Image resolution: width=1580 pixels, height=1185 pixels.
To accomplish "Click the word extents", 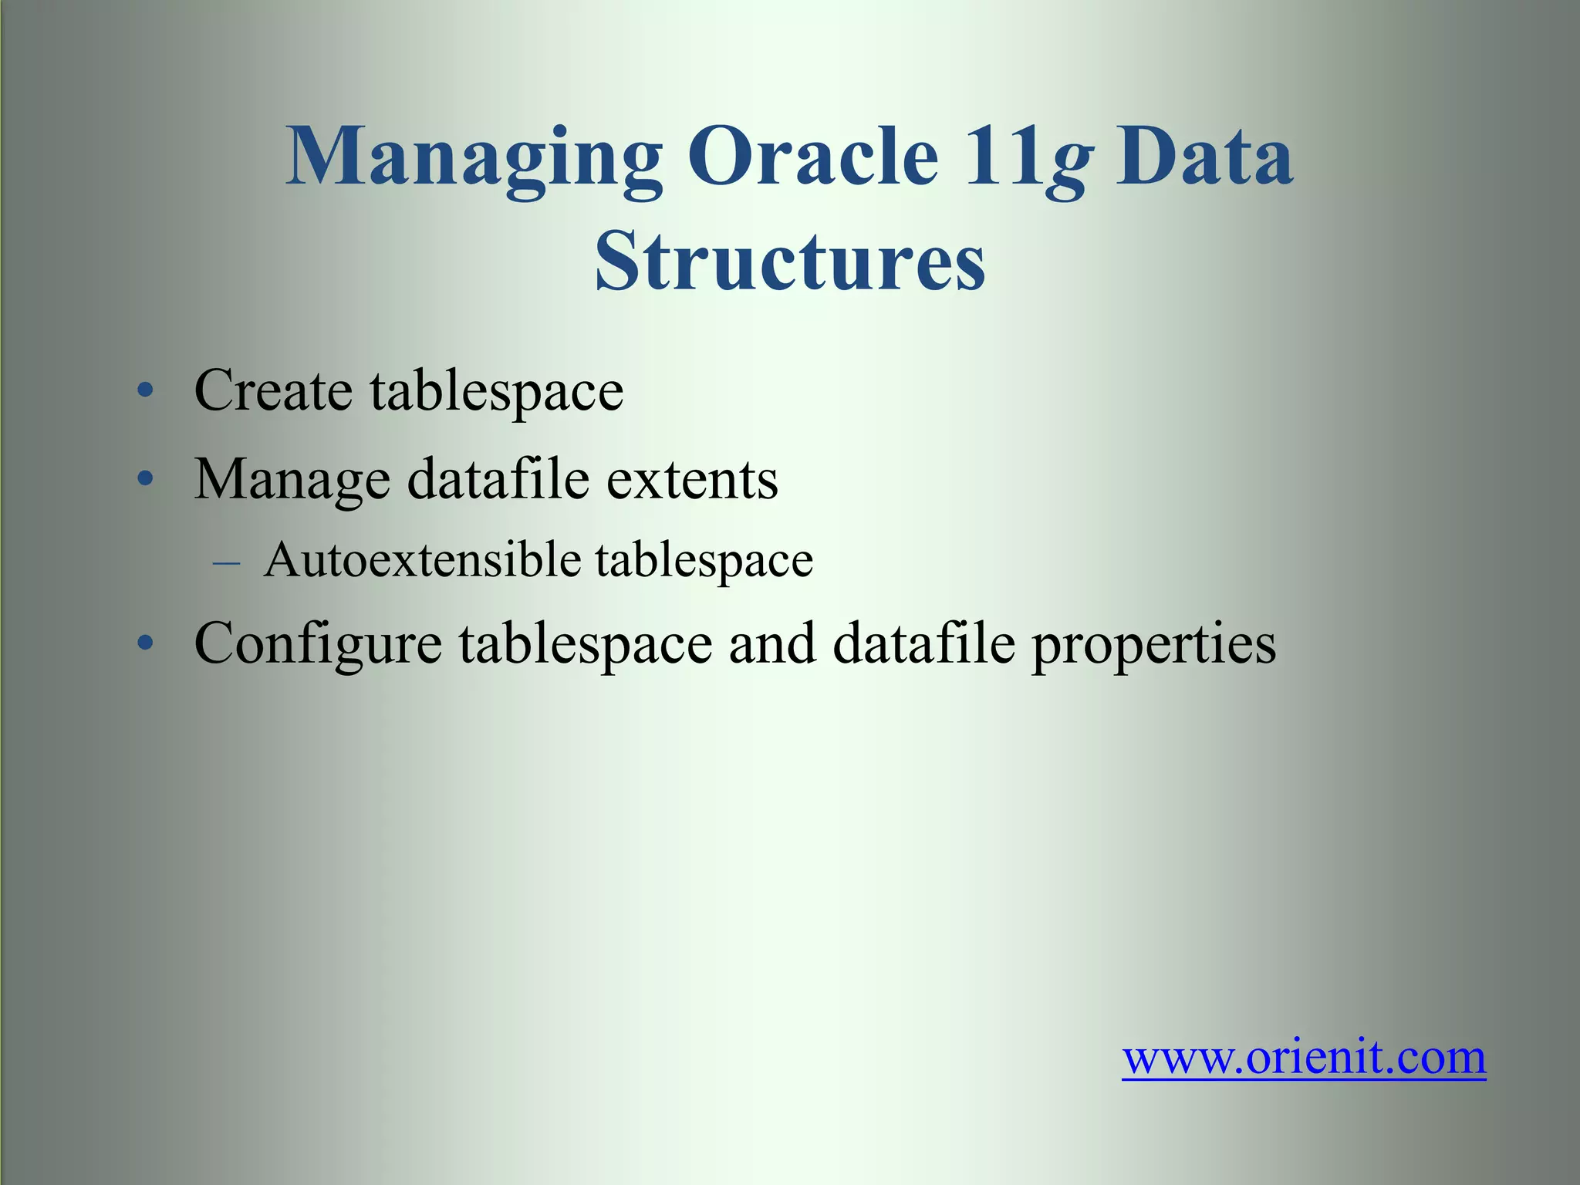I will pyautogui.click(x=692, y=480).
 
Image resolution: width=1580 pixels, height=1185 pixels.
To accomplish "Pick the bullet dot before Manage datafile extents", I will pyautogui.click(x=145, y=480).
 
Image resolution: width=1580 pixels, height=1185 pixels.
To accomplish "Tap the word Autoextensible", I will pyautogui.click(x=422, y=559).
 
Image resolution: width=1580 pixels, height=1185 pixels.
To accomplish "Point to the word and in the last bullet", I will pyautogui.click(x=771, y=643).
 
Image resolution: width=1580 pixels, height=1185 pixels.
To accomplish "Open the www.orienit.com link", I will pyautogui.click(x=1304, y=1058).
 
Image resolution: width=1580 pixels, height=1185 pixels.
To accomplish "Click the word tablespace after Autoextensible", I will pyautogui.click(x=704, y=561).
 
